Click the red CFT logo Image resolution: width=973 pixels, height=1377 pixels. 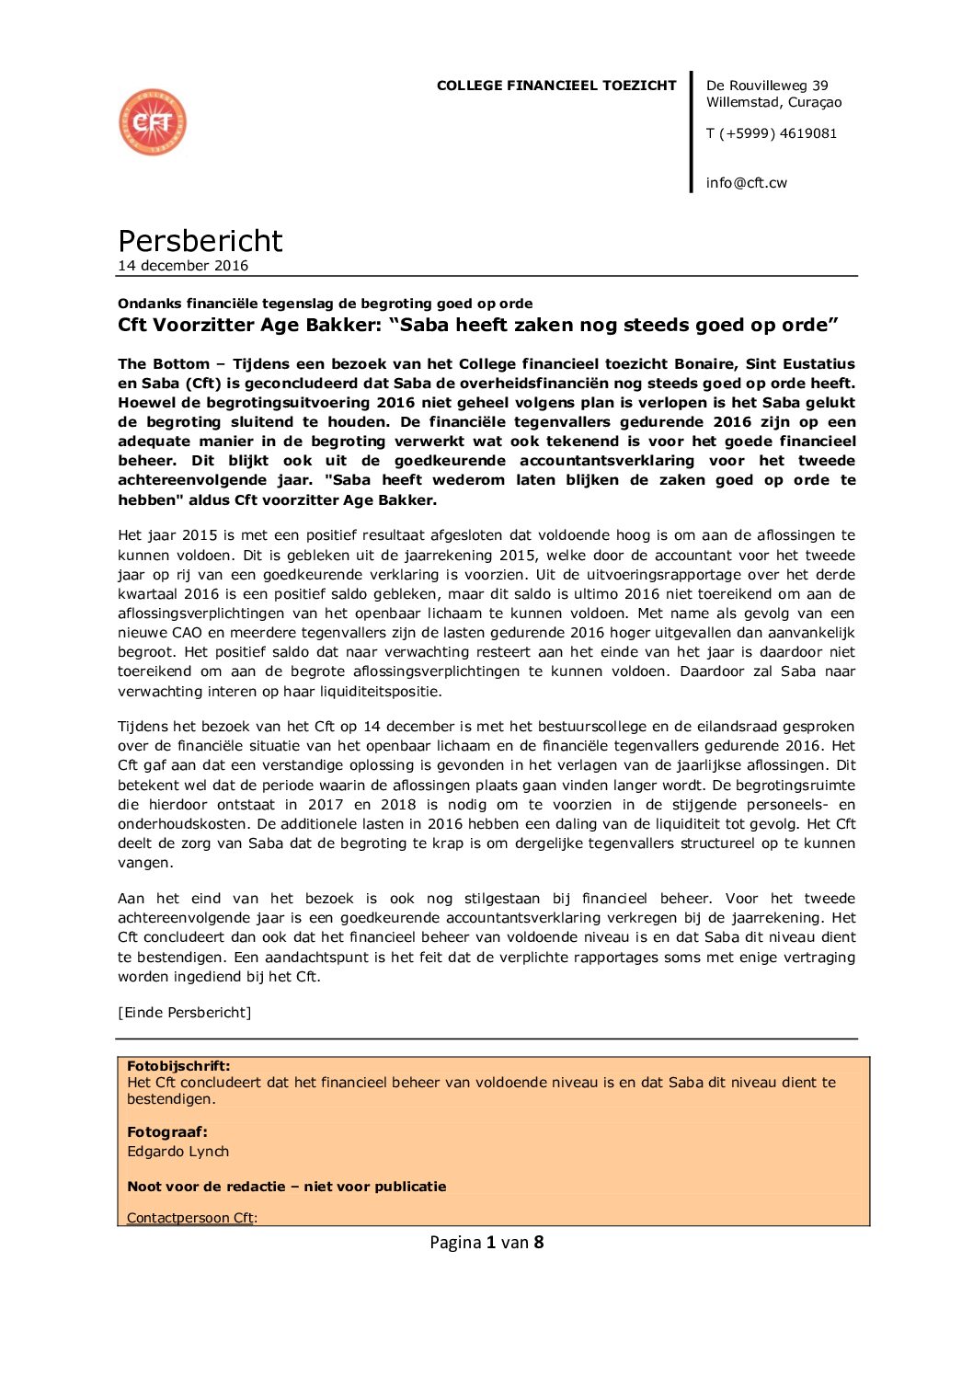point(153,122)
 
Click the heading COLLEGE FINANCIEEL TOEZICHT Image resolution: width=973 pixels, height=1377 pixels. point(556,86)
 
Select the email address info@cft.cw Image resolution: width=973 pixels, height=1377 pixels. point(746,183)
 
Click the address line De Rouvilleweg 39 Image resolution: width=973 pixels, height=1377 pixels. point(767,86)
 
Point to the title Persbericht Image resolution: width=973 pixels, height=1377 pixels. point(200,241)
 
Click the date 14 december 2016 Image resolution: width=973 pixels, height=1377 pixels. point(183,266)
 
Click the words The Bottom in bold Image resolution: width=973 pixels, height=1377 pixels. point(158,364)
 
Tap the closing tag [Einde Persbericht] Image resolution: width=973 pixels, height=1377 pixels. point(184,1013)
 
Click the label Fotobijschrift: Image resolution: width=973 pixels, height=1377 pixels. point(178,1066)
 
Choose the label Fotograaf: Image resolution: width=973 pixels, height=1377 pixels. point(167,1132)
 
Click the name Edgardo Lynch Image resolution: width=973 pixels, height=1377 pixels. point(177,1152)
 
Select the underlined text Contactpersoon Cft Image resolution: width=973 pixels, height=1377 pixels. point(190,1218)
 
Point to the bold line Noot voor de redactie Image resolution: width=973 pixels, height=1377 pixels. point(286,1187)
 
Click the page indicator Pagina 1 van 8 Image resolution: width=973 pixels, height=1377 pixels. point(486,1243)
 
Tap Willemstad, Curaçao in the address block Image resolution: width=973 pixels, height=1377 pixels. point(773,102)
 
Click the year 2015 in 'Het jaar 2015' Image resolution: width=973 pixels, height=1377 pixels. point(200,535)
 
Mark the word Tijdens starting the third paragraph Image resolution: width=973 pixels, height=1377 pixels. point(143,727)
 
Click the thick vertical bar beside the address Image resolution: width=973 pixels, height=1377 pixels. point(692,132)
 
